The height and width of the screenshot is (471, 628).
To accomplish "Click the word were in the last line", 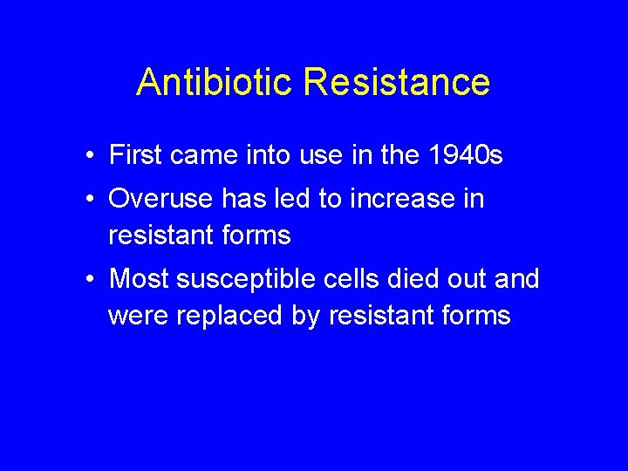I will pos(138,315).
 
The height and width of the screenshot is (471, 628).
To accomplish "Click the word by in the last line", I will pos(305,316).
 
